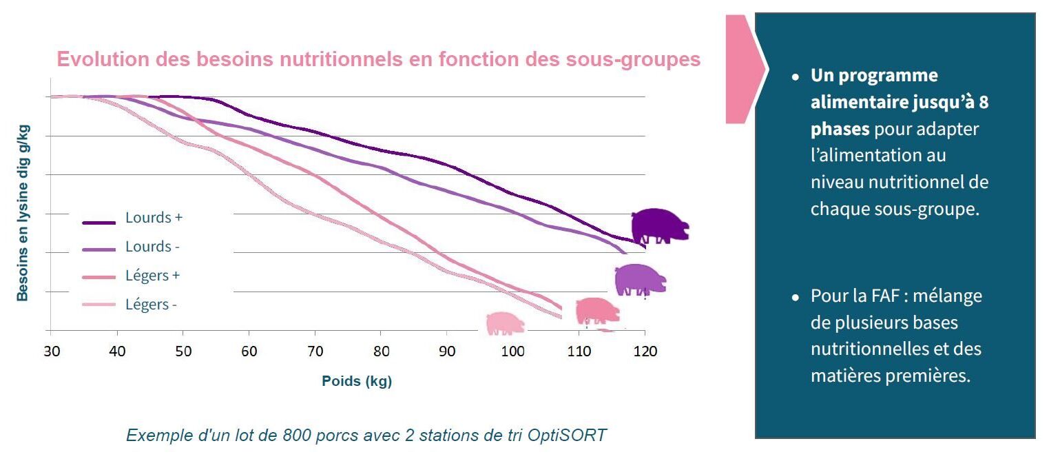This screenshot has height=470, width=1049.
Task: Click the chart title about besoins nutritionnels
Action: (378, 59)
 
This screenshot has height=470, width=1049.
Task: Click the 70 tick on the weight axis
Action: (315, 351)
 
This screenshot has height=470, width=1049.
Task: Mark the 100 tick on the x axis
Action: (512, 351)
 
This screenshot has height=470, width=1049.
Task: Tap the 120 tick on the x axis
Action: (645, 351)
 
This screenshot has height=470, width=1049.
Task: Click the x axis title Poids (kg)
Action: (356, 381)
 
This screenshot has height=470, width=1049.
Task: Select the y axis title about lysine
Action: (23, 212)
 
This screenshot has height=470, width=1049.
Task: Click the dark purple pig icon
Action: (659, 225)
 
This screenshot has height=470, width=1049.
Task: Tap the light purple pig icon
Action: (641, 280)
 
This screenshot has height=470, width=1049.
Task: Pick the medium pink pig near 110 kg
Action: (596, 311)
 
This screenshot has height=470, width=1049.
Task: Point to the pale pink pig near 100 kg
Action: (505, 323)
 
